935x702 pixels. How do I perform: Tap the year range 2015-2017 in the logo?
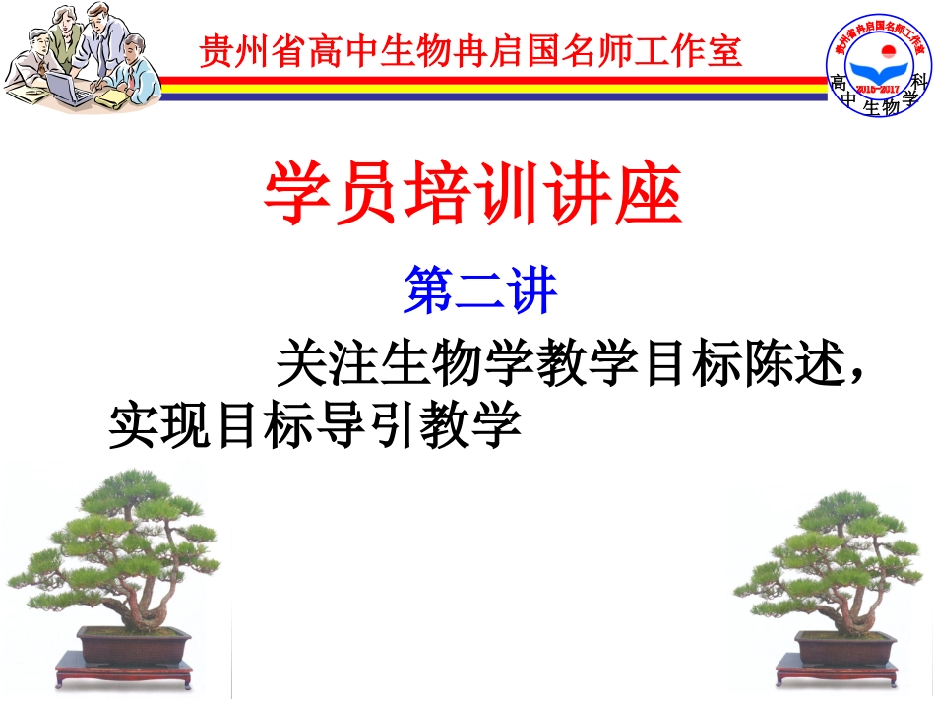[x=879, y=89]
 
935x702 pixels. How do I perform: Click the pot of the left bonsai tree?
[x=136, y=647]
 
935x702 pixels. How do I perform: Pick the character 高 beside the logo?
[x=839, y=83]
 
